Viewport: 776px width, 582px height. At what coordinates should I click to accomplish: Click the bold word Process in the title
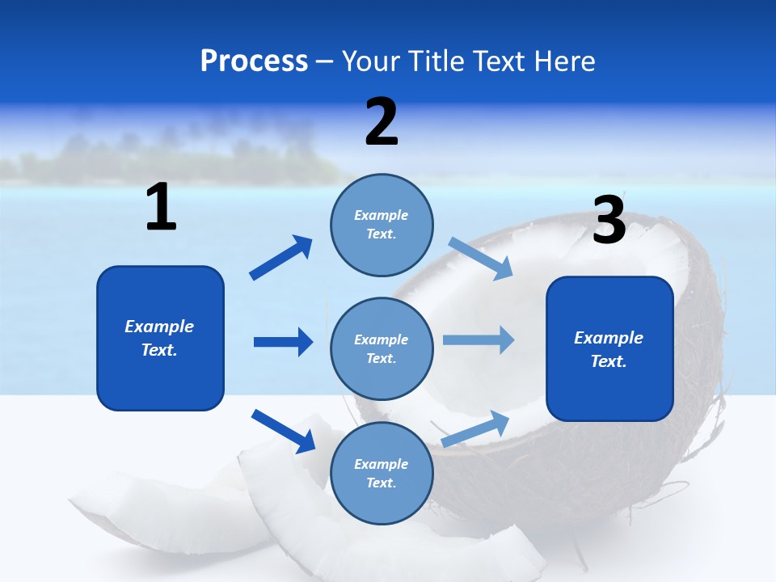pyautogui.click(x=254, y=61)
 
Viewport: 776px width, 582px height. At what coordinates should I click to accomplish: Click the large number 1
pyautogui.click(x=161, y=207)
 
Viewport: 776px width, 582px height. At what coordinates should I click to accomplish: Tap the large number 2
pyautogui.click(x=382, y=122)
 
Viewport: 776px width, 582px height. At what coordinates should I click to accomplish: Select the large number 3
pyautogui.click(x=609, y=221)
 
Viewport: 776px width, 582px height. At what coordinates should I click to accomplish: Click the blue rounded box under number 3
pyautogui.click(x=609, y=388)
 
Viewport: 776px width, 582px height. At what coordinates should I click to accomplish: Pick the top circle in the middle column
pyautogui.click(x=382, y=225)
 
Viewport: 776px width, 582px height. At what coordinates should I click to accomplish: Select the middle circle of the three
pyautogui.click(x=382, y=348)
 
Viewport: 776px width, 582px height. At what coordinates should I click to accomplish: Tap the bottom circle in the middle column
pyautogui.click(x=382, y=473)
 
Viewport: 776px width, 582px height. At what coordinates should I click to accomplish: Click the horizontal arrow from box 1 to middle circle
pyautogui.click(x=283, y=342)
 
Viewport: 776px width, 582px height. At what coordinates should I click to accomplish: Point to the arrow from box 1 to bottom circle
pyautogui.click(x=284, y=431)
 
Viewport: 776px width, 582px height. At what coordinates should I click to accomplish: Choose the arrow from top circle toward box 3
pyautogui.click(x=481, y=258)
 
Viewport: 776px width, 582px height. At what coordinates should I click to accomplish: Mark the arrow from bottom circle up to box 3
pyautogui.click(x=476, y=428)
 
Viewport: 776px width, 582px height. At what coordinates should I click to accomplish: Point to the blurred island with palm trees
pyautogui.click(x=178, y=158)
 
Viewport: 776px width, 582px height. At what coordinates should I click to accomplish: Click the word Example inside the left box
pyautogui.click(x=159, y=327)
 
